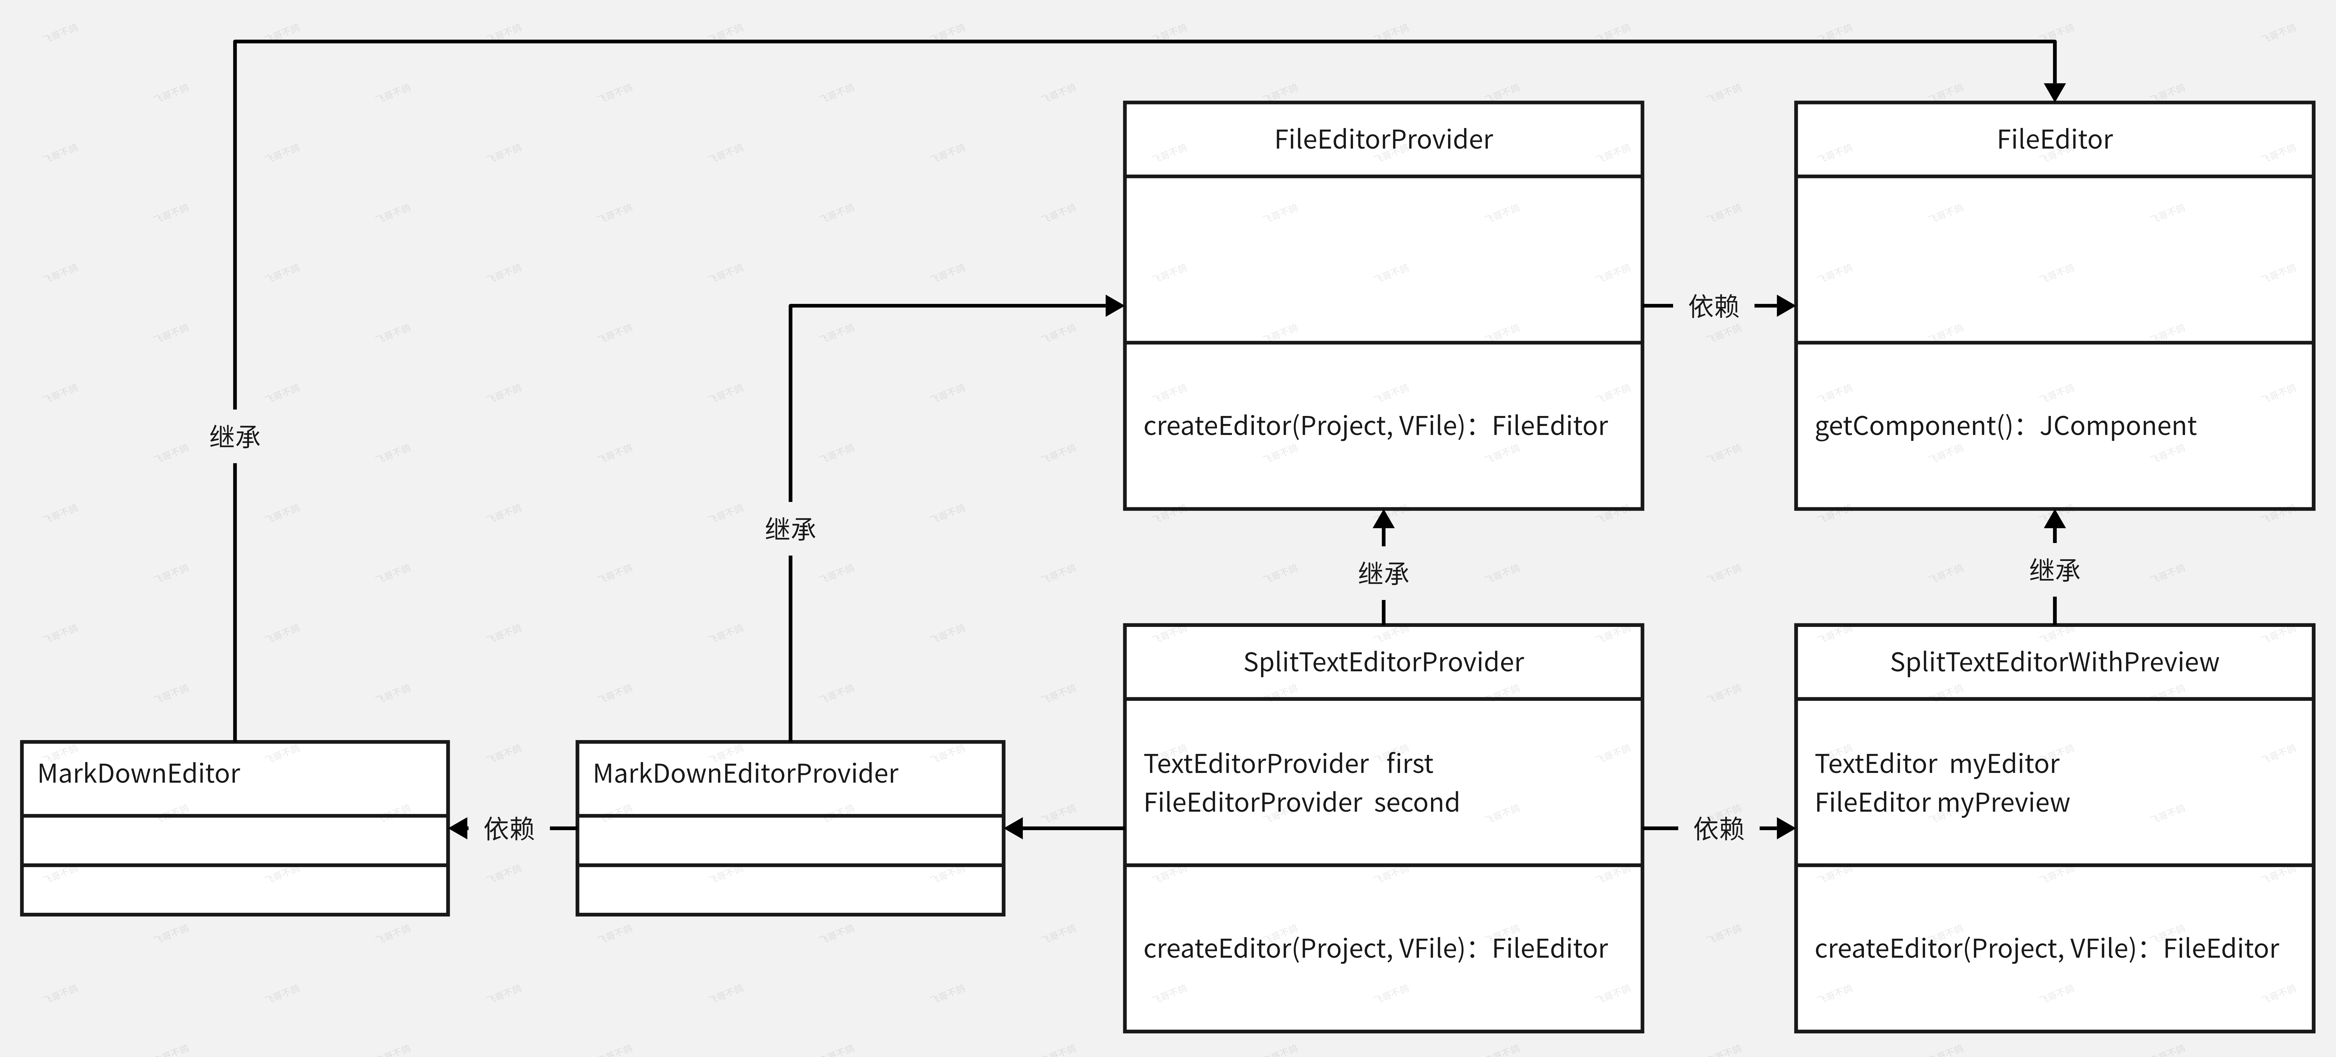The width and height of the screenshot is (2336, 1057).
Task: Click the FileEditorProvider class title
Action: coord(1383,140)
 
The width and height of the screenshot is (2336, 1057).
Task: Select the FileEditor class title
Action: coord(2054,140)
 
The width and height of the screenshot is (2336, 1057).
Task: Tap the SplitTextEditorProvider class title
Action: coord(1383,663)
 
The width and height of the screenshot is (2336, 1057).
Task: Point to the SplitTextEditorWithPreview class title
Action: coord(2054,663)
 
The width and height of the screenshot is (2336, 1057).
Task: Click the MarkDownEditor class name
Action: coord(139,773)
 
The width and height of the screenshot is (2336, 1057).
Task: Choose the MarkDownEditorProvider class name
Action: coord(745,773)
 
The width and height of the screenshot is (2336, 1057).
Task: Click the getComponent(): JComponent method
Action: coord(2005,426)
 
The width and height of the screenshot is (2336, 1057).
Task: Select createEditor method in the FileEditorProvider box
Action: coord(1375,426)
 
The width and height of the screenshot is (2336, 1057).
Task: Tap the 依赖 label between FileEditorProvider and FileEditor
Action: coord(1713,306)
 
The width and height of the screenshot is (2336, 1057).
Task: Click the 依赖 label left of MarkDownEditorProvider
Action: coord(509,829)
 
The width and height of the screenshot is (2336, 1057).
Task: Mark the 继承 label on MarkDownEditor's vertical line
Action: coord(235,437)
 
